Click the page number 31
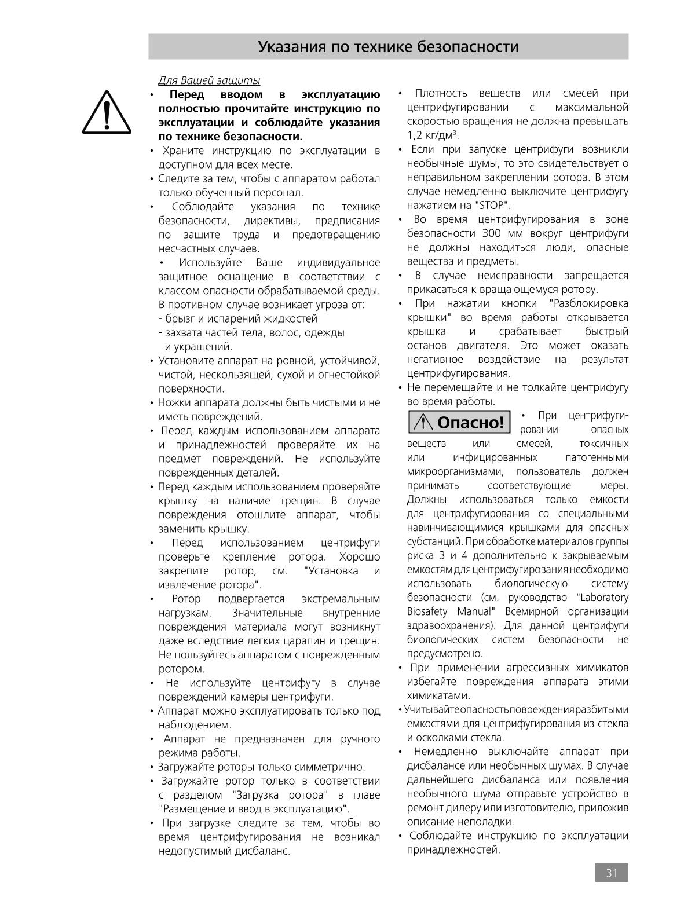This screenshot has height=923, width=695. pyautogui.click(x=612, y=873)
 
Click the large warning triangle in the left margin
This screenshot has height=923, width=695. pyautogui.click(x=107, y=112)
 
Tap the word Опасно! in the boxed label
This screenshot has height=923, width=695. pyautogui.click(x=471, y=423)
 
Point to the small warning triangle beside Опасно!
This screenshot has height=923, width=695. pyautogui.click(x=424, y=423)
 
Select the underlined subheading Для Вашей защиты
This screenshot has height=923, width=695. pyautogui.click(x=209, y=80)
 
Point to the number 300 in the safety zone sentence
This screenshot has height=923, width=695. pyautogui.click(x=492, y=234)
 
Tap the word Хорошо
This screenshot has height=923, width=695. pyautogui.click(x=360, y=557)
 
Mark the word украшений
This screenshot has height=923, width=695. pyautogui.click(x=199, y=347)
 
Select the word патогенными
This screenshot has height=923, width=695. pyautogui.click(x=597, y=458)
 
